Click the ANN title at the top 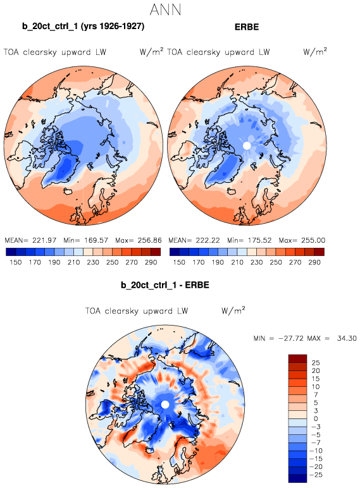point(165,9)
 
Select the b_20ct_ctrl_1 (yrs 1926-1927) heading point(83,26)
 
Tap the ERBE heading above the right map point(247,27)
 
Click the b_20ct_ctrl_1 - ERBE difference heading point(164,285)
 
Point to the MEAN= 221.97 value point(30,240)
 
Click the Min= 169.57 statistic point(85,240)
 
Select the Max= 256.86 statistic point(139,240)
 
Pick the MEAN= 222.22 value point(194,240)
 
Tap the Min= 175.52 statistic point(249,240)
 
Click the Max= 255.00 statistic point(302,240)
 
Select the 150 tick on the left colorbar point(16,262)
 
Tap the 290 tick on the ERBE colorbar point(314,262)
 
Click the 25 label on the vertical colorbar point(316,363)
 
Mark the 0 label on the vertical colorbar point(316,419)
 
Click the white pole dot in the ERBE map point(247,145)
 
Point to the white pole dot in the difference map point(165,405)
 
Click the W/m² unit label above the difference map point(233,310)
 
